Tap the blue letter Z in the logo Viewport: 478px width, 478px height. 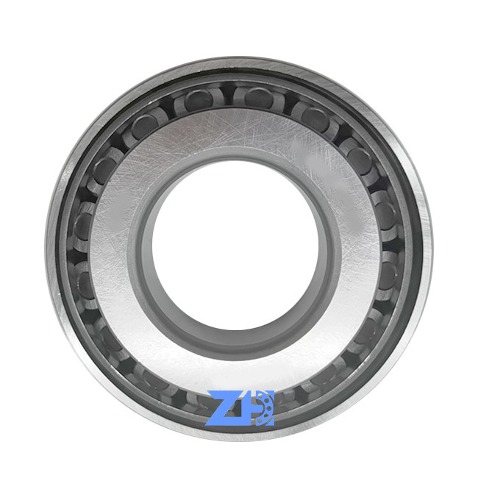pyautogui.click(x=228, y=408)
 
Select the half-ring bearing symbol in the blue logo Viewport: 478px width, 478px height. pyautogui.click(x=265, y=408)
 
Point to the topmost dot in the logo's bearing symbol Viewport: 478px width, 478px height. pyautogui.click(x=260, y=396)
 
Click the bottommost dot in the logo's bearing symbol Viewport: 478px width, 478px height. pyautogui.click(x=260, y=421)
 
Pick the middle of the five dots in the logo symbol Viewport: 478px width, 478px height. pyautogui.click(x=269, y=408)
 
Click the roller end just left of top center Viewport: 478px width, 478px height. pyautogui.click(x=199, y=100)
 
